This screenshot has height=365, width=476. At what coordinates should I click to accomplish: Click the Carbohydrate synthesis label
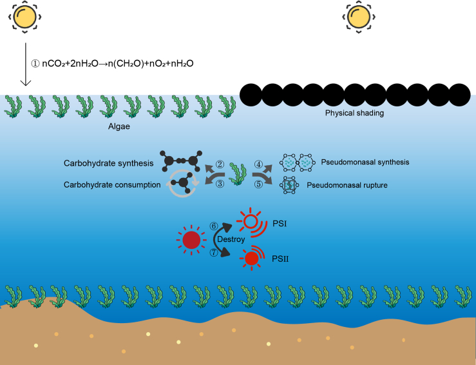[x=108, y=163]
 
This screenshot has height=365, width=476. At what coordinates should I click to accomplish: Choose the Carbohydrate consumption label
[x=111, y=184]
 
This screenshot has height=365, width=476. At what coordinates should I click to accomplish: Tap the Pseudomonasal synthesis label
[x=365, y=162]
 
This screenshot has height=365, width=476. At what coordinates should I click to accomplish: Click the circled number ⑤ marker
[x=259, y=185]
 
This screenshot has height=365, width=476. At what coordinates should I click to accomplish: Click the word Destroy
[x=230, y=238]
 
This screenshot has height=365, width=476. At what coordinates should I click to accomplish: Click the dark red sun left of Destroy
[x=191, y=240]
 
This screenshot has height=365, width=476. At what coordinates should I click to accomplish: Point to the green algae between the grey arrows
[x=239, y=175]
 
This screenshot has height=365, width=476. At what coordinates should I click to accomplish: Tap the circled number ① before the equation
[x=35, y=64]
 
